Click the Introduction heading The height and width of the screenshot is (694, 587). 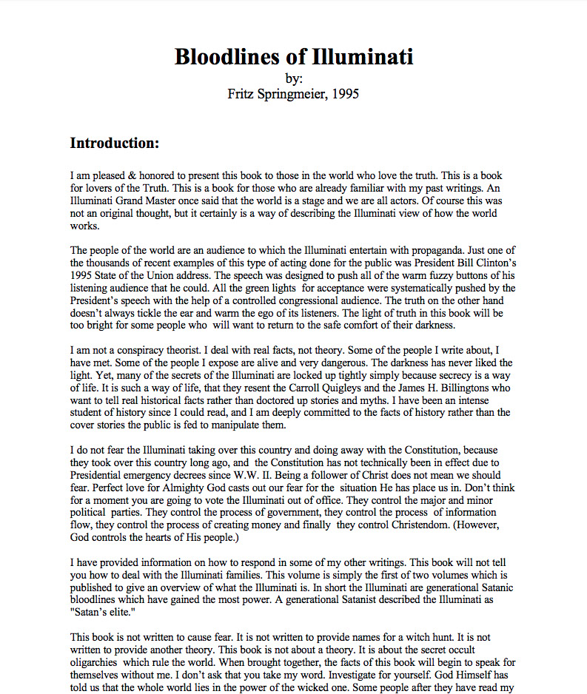pyautogui.click(x=115, y=143)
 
